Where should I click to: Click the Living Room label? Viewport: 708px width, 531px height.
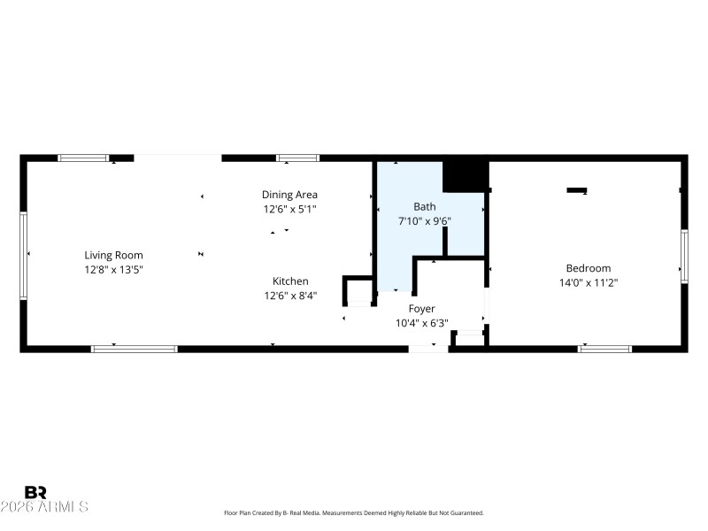coord(113,255)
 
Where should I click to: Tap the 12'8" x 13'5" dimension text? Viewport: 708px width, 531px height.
coord(113,269)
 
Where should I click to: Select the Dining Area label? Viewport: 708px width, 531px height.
coord(289,195)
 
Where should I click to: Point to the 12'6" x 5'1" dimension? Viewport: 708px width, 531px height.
coord(289,209)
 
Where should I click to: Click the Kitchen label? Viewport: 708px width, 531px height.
coord(290,281)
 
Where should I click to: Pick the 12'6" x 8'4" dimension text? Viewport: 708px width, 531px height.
coord(290,296)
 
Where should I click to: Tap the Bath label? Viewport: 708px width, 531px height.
coord(425,206)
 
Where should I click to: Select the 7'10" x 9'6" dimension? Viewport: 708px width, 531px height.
coord(425,221)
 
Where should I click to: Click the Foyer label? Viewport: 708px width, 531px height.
coord(421,309)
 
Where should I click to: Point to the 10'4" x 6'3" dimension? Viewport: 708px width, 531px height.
coord(421,323)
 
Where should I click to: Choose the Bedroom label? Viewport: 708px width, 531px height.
coord(589,268)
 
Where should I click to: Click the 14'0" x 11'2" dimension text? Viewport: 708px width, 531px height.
coord(589,283)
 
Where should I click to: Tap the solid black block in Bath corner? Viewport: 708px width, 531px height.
coord(465,175)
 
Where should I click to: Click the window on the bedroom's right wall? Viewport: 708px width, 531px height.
coord(684,257)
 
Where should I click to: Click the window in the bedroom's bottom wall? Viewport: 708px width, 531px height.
coord(604,349)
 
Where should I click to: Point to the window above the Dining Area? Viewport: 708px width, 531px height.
coord(297,158)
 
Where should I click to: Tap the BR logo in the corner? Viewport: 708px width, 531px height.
coord(35,492)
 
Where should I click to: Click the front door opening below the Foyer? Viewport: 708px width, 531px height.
coord(428,349)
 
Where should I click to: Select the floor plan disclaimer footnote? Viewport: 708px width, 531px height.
coord(354,513)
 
